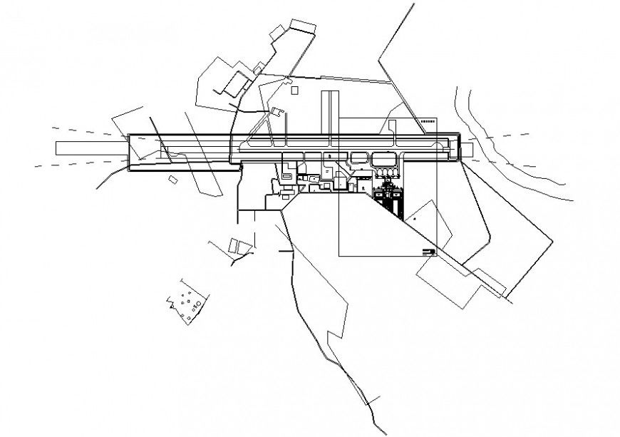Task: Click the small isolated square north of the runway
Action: tap(294, 90)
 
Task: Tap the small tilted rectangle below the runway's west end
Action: tap(173, 180)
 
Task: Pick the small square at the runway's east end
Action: tap(468, 150)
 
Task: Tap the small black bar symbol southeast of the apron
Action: tap(427, 250)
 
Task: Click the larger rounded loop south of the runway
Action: tap(383, 159)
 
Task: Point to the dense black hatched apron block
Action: tap(389, 201)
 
